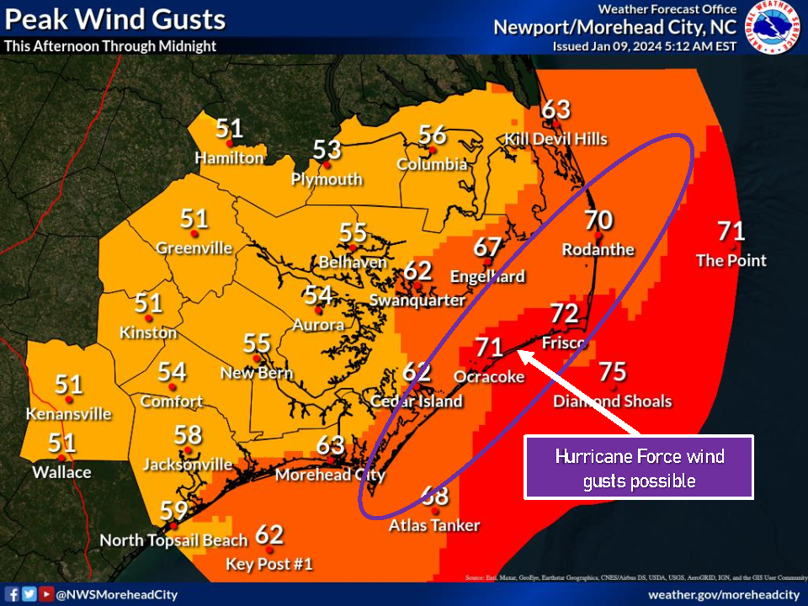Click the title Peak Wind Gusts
(x=114, y=19)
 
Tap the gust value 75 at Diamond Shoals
(x=613, y=372)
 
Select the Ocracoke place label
(x=489, y=376)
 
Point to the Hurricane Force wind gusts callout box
(x=639, y=468)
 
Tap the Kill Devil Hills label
(x=555, y=139)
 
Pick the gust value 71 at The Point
(x=731, y=231)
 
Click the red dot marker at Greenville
(x=194, y=234)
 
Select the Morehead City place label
(x=330, y=475)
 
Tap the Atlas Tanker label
(x=434, y=525)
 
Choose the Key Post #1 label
(x=269, y=564)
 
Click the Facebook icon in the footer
(x=13, y=594)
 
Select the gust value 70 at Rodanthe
(x=598, y=221)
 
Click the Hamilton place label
(x=229, y=157)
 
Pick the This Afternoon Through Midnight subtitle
(x=109, y=46)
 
